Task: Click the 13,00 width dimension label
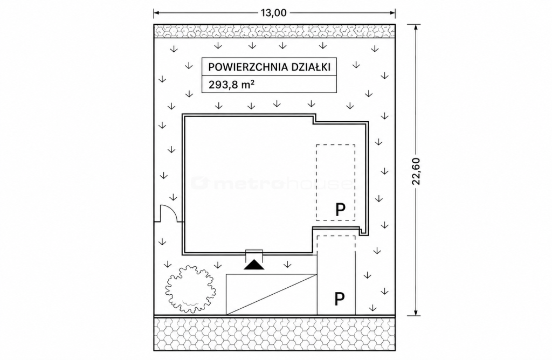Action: click(273, 13)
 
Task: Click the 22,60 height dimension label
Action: click(417, 171)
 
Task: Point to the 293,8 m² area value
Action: click(231, 85)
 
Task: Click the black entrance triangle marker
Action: click(254, 265)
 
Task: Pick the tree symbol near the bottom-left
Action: click(189, 289)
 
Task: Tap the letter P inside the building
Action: click(341, 210)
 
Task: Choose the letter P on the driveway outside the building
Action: click(339, 299)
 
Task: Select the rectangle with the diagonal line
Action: click(272, 294)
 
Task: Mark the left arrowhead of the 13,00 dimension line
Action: click(157, 13)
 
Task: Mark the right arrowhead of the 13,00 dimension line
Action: click(392, 13)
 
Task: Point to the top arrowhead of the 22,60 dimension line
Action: click(417, 27)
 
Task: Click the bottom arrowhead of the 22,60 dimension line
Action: click(417, 312)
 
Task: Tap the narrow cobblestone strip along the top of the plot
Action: click(274, 31)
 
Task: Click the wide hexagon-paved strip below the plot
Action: click(274, 334)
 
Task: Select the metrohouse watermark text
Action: click(271, 183)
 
